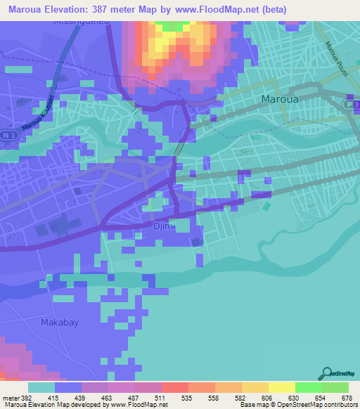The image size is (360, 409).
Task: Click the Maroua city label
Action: [x=280, y=99]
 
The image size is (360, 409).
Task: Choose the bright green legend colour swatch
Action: [x=309, y=387]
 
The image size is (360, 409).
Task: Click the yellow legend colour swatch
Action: [x=282, y=387]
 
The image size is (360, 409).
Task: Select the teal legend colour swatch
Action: [x=41, y=387]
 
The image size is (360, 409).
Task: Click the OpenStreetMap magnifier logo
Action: [x=326, y=375]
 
